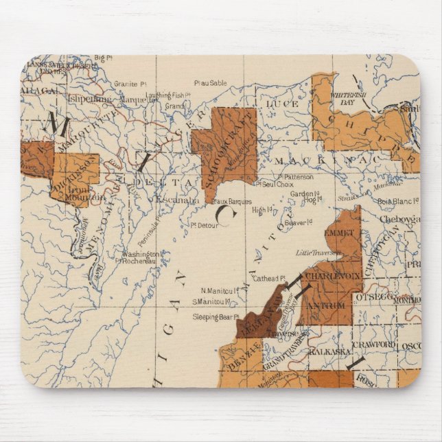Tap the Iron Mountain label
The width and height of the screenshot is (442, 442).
tap(84, 192)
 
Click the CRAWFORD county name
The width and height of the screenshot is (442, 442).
tap(374, 344)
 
